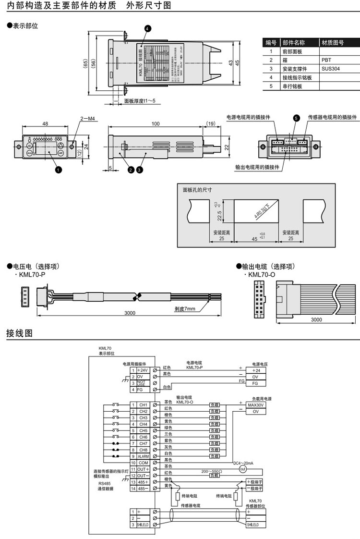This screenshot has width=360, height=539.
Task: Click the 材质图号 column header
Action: point(332,42)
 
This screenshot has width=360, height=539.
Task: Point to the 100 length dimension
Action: point(156,124)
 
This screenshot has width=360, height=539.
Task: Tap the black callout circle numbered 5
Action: point(296,118)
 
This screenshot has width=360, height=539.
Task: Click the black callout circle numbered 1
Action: point(58,169)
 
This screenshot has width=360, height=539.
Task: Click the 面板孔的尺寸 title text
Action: point(197,190)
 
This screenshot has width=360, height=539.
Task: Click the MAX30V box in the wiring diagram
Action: point(256,405)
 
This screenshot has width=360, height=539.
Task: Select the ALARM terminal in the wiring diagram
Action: point(143,456)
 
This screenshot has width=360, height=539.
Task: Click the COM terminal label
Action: point(143,462)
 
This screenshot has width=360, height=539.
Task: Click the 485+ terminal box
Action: point(143,481)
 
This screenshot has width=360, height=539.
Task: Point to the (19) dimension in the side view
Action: point(210,124)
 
